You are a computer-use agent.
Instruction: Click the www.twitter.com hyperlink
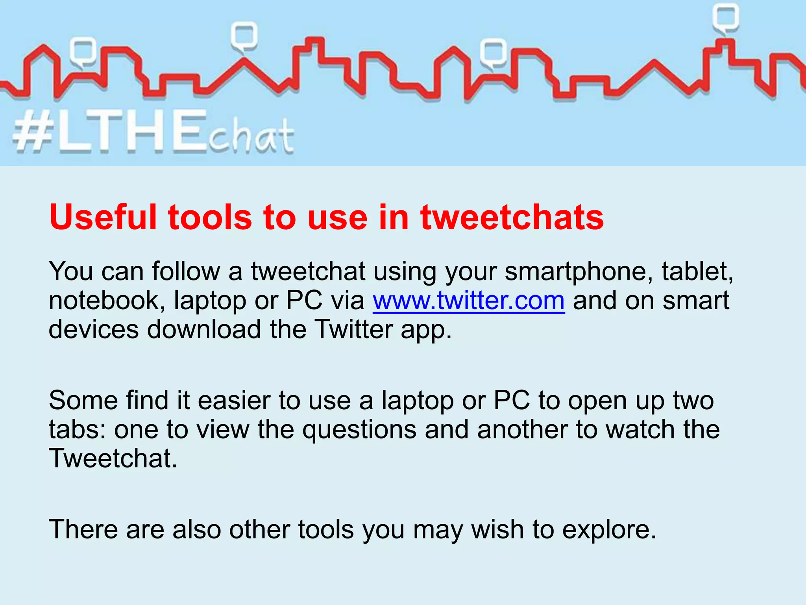[469, 301]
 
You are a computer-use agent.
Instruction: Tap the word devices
[94, 329]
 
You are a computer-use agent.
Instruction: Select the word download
[204, 329]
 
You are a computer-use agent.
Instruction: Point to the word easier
[234, 401]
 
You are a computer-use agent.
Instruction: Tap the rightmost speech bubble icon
[727, 18]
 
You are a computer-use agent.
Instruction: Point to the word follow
[186, 272]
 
